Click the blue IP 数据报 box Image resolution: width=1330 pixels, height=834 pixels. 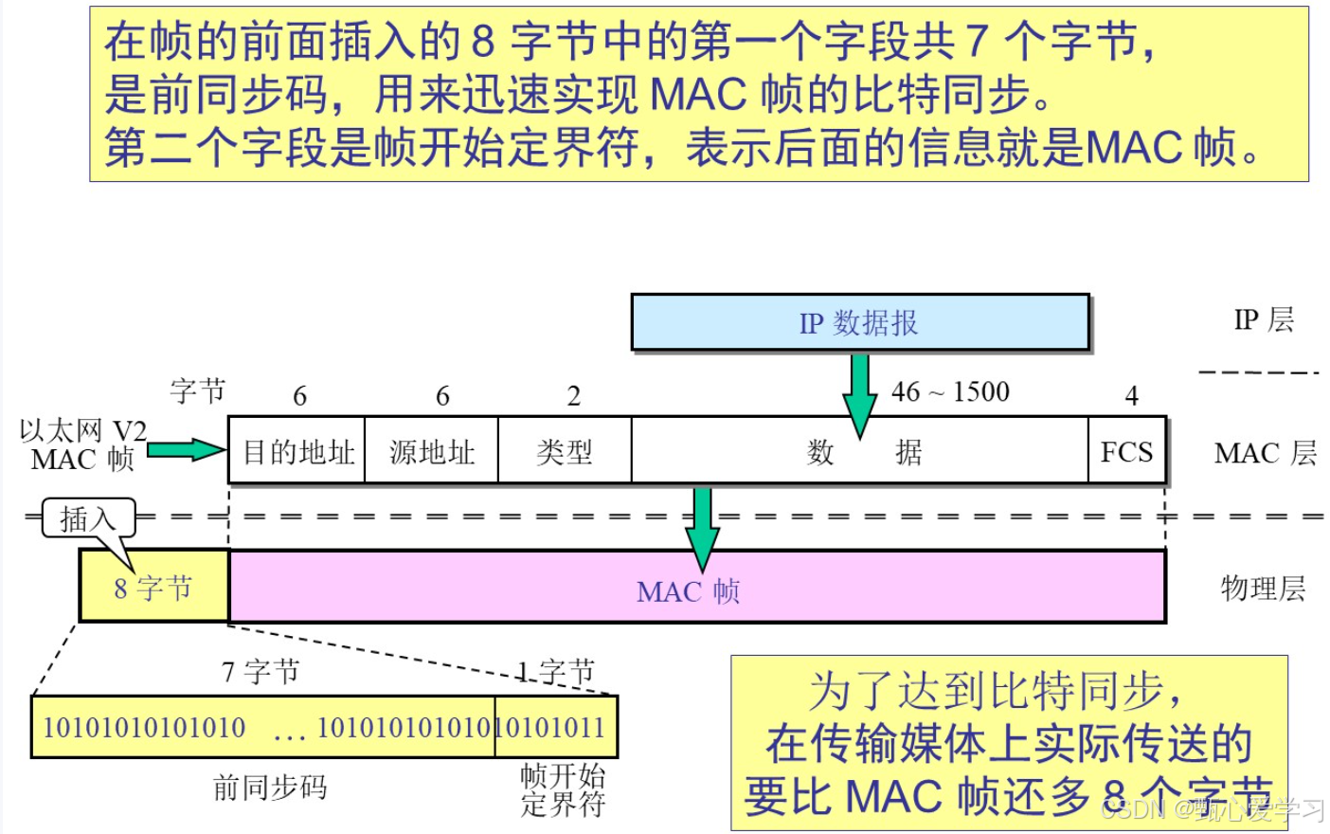click(x=859, y=323)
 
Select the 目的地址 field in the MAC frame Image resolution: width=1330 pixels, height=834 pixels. click(x=297, y=452)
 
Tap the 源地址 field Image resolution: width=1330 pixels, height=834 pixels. click(x=432, y=452)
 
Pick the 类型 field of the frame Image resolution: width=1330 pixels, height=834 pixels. click(x=565, y=452)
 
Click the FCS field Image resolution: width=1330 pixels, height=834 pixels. click(x=1126, y=452)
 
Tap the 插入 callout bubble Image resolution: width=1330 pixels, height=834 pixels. click(x=88, y=518)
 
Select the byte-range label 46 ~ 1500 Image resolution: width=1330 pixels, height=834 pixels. click(x=950, y=391)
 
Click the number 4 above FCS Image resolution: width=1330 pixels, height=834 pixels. click(x=1131, y=396)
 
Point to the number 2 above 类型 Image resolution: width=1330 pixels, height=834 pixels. click(x=573, y=396)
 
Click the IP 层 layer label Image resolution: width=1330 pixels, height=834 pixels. click(x=1264, y=320)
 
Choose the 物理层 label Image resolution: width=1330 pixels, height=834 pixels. click(x=1263, y=589)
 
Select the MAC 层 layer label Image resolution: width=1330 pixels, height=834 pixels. click(x=1265, y=453)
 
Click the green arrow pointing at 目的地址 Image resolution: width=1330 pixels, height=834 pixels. click(x=187, y=450)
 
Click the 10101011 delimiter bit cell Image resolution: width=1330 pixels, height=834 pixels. click(x=556, y=727)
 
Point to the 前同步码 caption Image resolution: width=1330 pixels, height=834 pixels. click(x=270, y=787)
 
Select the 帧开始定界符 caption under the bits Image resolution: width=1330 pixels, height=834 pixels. click(x=563, y=790)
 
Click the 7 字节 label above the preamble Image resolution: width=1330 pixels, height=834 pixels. click(x=261, y=672)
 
